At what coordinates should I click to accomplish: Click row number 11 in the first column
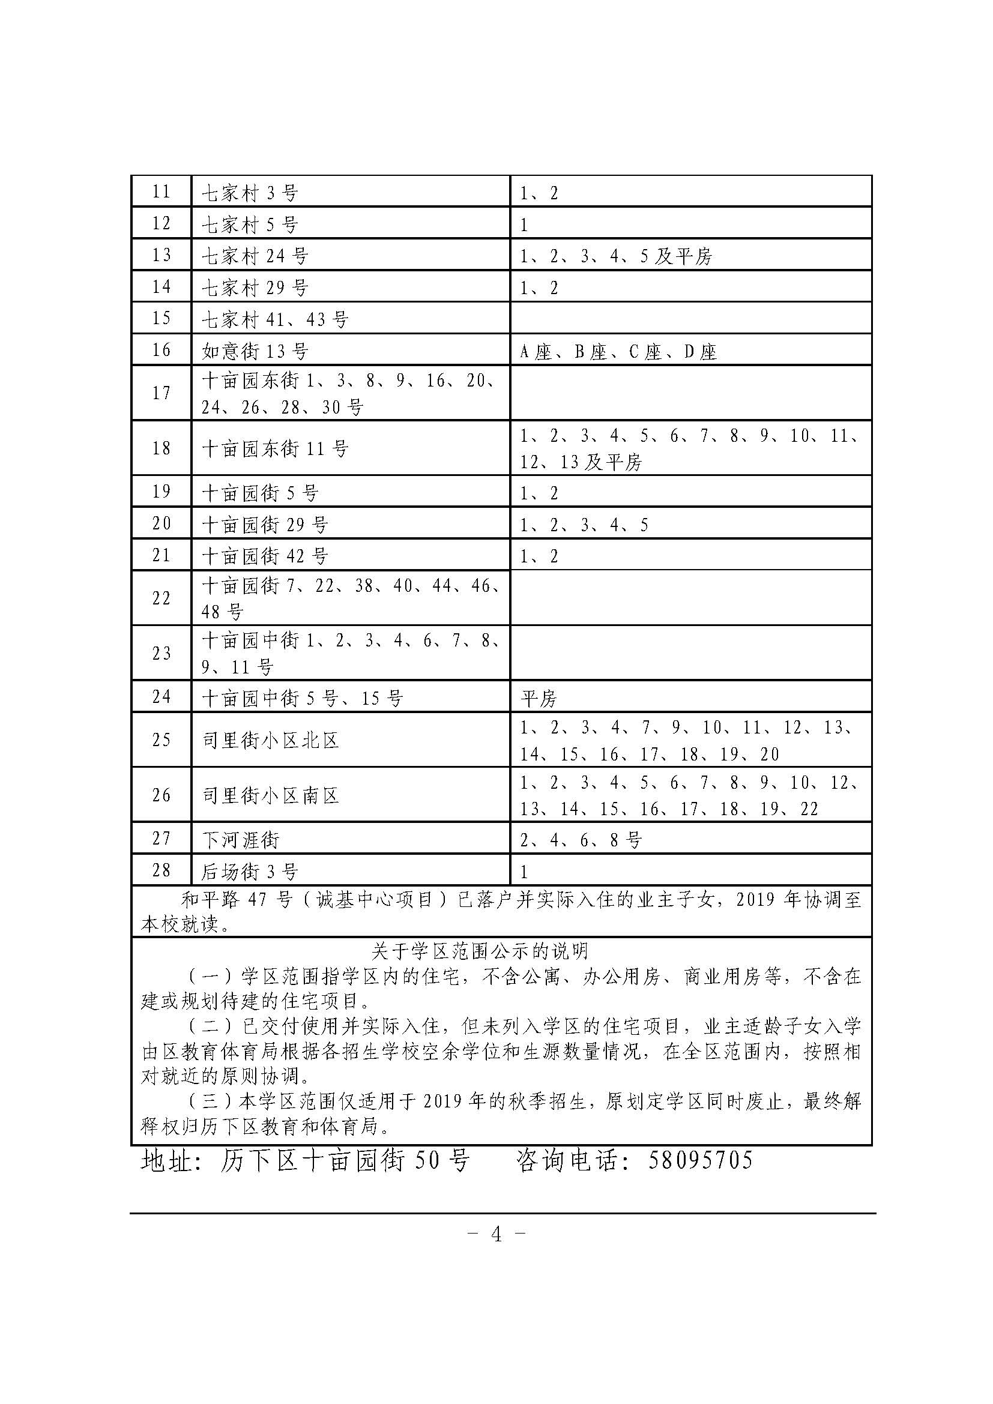[x=161, y=191]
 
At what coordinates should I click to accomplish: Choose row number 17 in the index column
[x=161, y=393]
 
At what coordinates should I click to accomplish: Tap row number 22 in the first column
[x=161, y=597]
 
